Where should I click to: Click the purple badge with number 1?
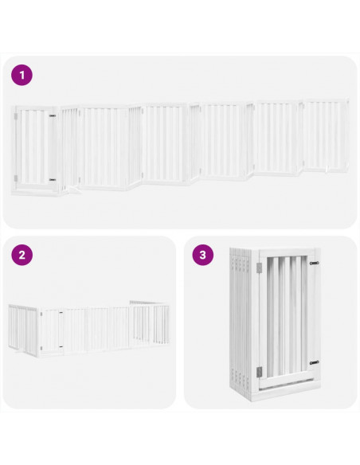(x=22, y=76)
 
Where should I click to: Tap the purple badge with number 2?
(x=22, y=256)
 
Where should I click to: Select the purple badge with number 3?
(x=204, y=256)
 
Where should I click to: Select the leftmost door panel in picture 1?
(x=34, y=148)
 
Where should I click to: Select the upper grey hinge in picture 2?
(x=45, y=316)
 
